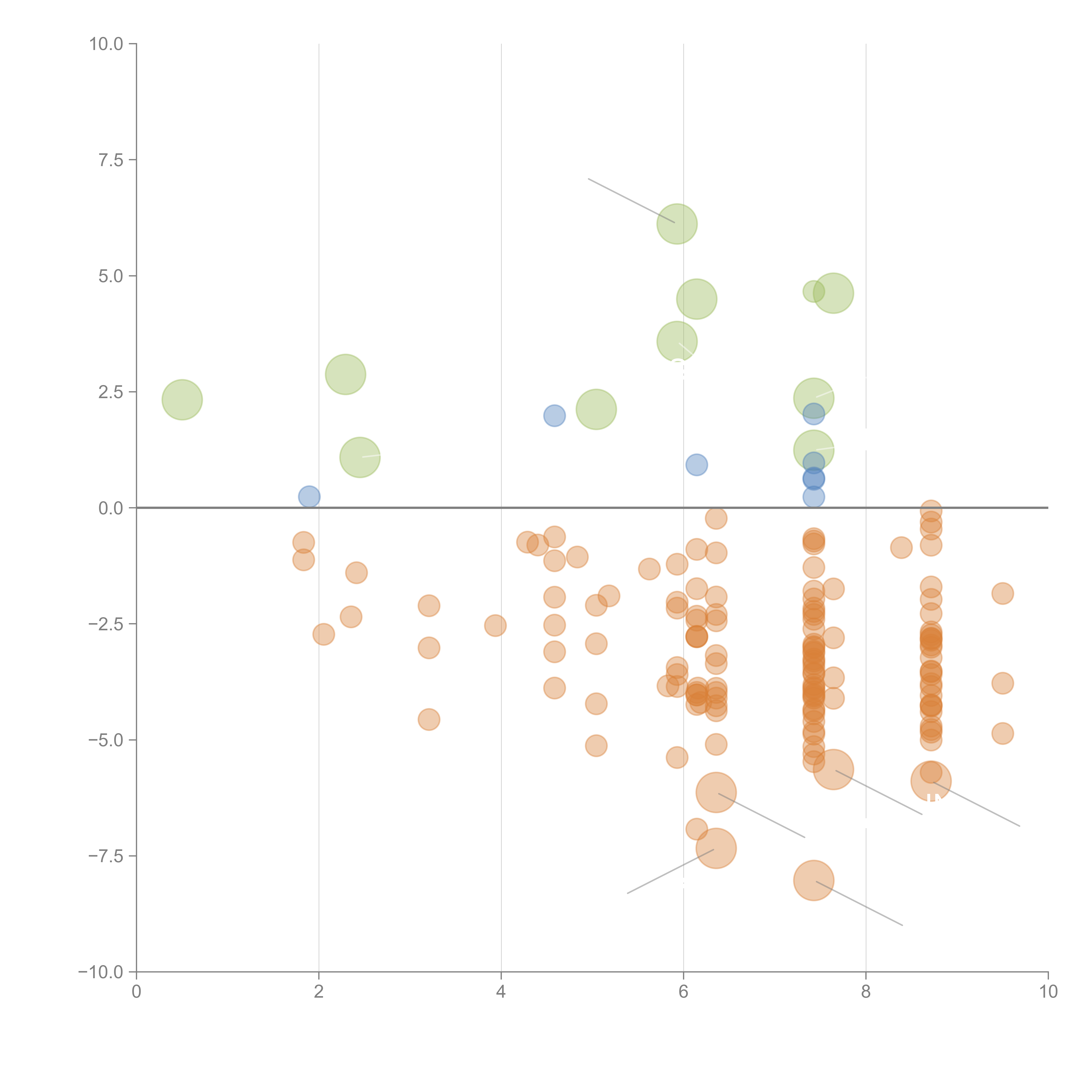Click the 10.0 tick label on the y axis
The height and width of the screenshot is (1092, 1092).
[x=106, y=44]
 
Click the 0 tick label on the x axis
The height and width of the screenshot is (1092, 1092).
[x=136, y=992]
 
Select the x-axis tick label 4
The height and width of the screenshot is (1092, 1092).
[x=501, y=992]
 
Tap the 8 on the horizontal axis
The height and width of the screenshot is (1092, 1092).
[x=866, y=992]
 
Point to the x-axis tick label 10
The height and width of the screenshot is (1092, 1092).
[x=1048, y=992]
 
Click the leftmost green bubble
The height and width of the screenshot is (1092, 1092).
[x=182, y=400]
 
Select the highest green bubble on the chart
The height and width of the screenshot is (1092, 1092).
[x=677, y=224]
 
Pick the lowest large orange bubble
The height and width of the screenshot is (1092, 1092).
[x=813, y=880]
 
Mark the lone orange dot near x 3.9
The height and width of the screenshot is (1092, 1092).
[x=495, y=625]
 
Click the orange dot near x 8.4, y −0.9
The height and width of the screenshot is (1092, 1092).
[x=901, y=547]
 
